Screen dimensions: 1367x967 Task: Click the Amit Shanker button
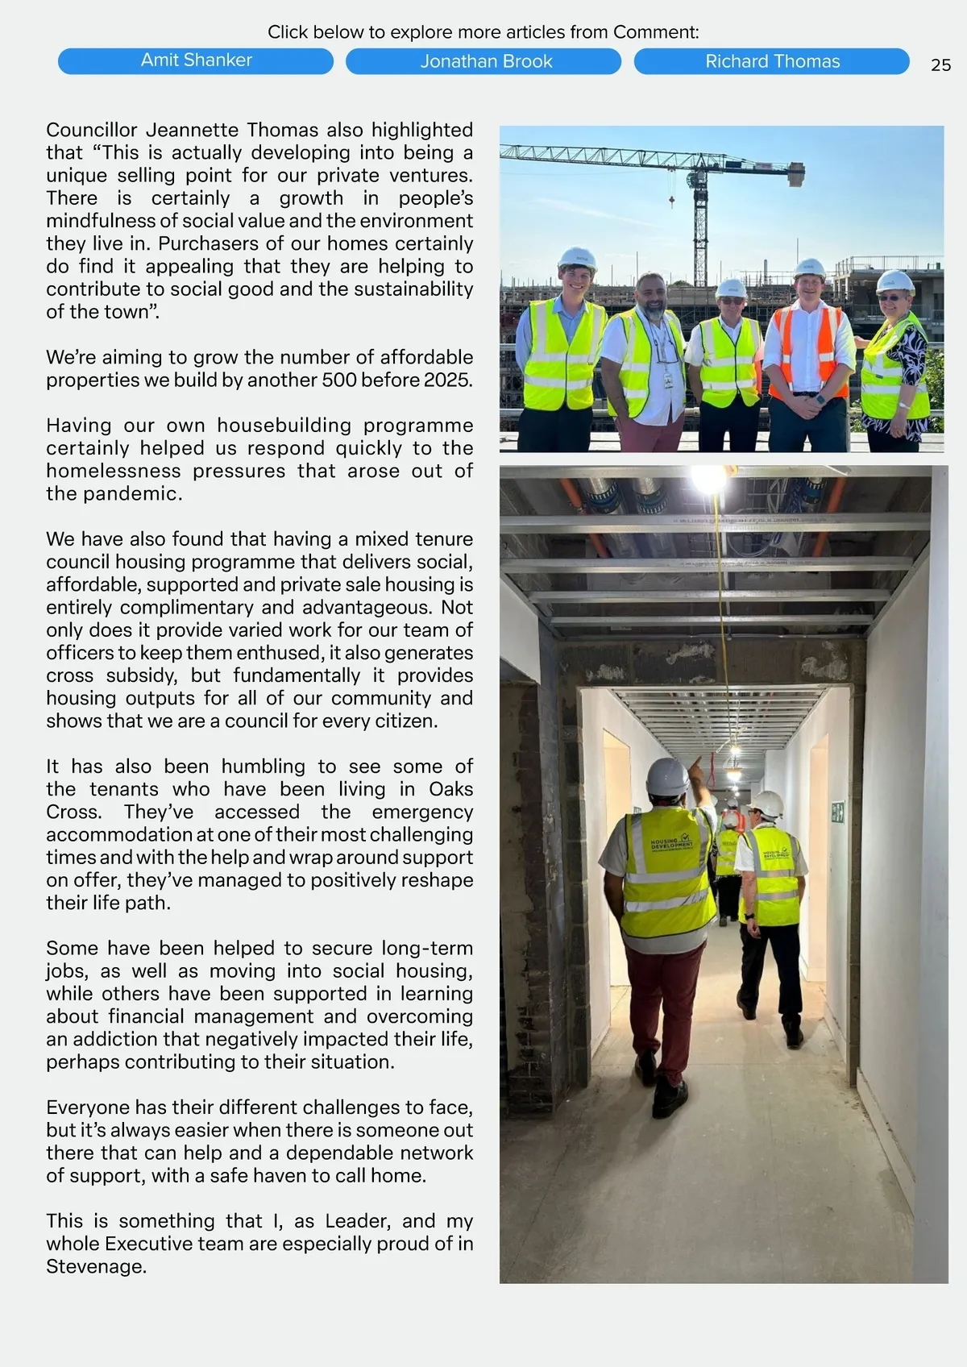click(x=196, y=60)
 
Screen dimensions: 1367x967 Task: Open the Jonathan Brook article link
click(x=483, y=61)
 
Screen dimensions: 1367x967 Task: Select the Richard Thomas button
click(x=771, y=61)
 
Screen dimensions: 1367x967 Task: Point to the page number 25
click(x=940, y=65)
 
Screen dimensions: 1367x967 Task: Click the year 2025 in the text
click(x=447, y=380)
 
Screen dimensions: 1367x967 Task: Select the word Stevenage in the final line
click(x=95, y=1266)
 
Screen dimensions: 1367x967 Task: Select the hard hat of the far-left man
click(x=577, y=258)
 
